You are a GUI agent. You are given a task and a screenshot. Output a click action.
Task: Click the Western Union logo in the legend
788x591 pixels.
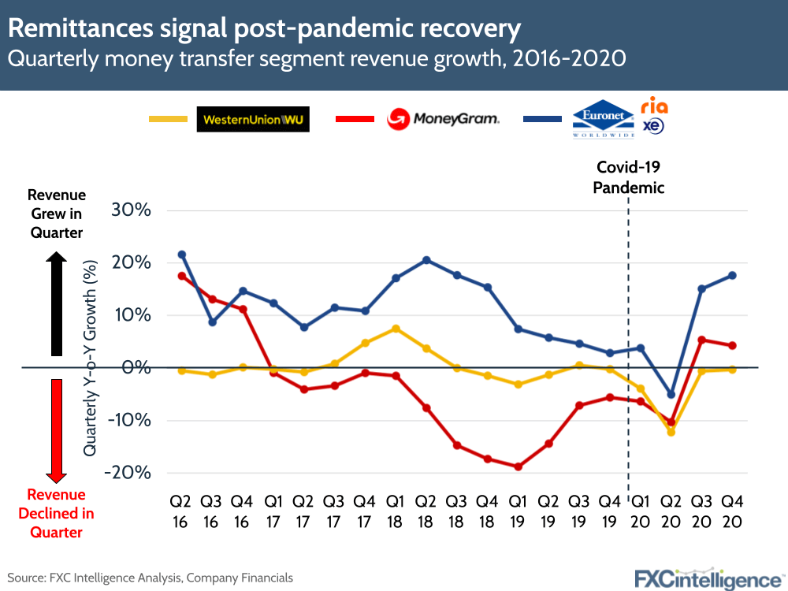tap(253, 120)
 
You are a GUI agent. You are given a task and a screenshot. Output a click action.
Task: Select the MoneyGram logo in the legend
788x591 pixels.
tap(444, 120)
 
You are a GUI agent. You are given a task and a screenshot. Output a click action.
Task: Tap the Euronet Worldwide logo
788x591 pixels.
tap(603, 120)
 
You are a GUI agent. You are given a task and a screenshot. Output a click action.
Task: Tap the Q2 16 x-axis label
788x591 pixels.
tap(182, 510)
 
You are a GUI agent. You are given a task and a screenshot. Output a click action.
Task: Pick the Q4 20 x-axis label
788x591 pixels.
tap(732, 510)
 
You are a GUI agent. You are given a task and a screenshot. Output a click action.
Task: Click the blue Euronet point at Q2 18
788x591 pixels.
tap(426, 260)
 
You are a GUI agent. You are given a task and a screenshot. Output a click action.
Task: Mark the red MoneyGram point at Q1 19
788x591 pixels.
tap(518, 466)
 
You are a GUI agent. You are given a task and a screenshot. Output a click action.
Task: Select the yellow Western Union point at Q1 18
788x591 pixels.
tap(396, 329)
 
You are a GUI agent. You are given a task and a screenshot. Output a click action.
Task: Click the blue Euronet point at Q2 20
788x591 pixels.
tap(671, 394)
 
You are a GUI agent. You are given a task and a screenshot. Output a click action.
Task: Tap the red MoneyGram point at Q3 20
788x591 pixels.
tap(701, 340)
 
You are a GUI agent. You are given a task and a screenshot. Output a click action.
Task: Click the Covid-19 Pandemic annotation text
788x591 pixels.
tap(629, 177)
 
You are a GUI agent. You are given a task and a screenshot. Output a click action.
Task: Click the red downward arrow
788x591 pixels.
tap(57, 429)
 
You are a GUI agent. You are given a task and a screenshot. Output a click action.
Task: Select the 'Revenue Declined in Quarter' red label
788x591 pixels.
tap(57, 513)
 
